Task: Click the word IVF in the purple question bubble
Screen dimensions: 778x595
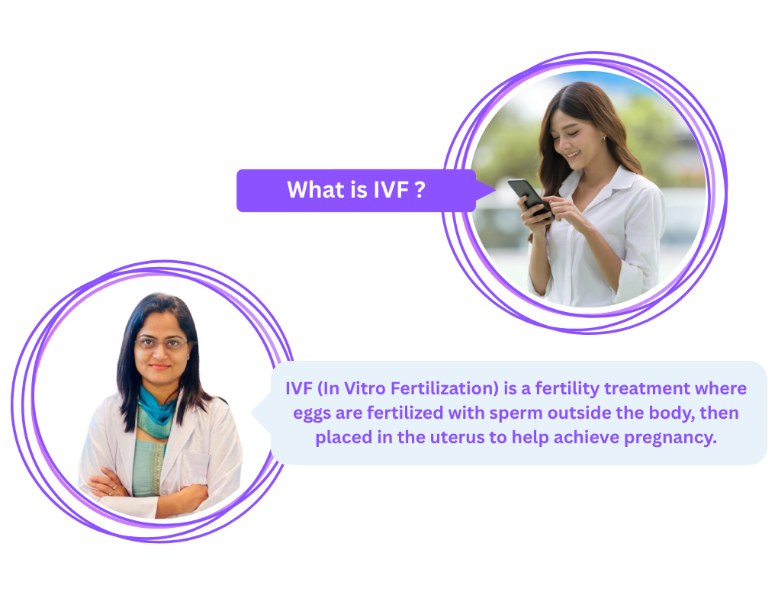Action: coord(391,190)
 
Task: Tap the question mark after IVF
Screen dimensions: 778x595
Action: coord(420,190)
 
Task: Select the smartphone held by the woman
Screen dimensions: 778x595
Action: coord(530,198)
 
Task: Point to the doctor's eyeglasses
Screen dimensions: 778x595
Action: coord(161,343)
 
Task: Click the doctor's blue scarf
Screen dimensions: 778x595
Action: coord(156,412)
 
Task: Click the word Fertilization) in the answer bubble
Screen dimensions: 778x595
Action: coord(445,388)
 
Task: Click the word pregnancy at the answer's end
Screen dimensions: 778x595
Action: coord(670,438)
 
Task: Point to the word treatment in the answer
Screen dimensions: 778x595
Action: coord(647,388)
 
